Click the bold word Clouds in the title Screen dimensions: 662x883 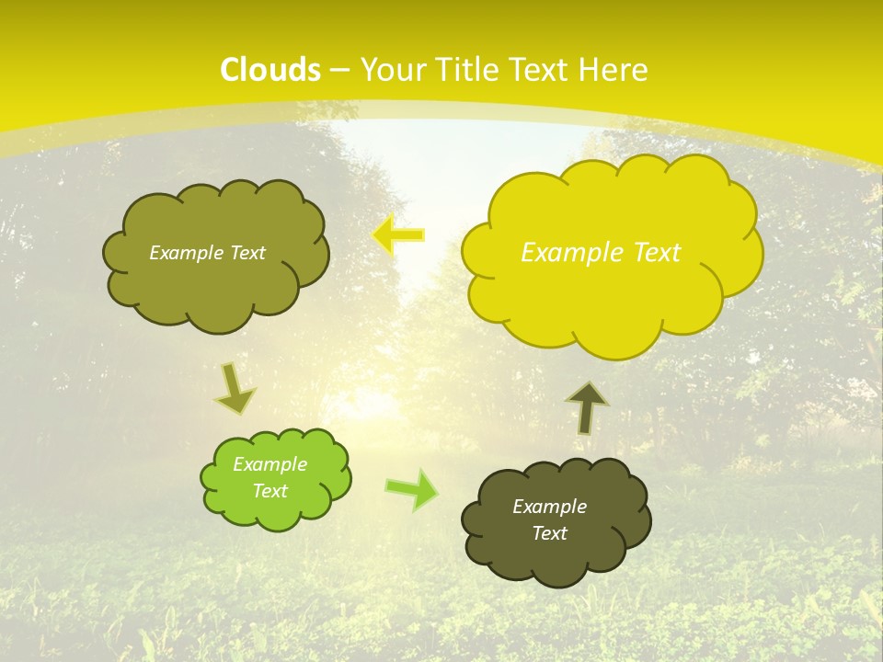(270, 70)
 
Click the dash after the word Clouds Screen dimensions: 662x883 (339, 71)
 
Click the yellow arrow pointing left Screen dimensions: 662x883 (398, 235)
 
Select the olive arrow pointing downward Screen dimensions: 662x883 (235, 389)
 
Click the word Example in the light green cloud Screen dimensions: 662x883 (270, 464)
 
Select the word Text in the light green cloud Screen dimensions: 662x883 (270, 491)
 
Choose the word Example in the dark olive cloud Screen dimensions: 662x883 (550, 507)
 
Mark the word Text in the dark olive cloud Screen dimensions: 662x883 (550, 533)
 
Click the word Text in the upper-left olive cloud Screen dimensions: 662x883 (246, 253)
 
